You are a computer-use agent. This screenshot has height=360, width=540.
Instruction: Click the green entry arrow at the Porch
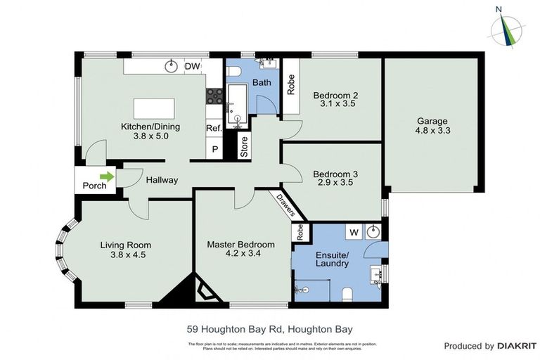click(x=106, y=176)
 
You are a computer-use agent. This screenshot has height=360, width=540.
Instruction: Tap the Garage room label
click(x=432, y=120)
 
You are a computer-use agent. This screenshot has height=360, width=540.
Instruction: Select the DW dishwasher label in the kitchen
click(x=192, y=67)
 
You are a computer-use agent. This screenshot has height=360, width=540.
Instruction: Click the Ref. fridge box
click(x=214, y=129)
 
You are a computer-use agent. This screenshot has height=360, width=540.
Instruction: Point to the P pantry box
click(x=214, y=150)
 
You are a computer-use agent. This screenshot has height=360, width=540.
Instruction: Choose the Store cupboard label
click(x=245, y=149)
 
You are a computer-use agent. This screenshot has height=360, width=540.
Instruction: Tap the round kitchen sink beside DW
click(x=170, y=67)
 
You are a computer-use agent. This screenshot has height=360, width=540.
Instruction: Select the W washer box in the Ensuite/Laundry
click(x=354, y=232)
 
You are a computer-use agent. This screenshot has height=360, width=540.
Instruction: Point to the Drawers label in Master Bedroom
click(x=284, y=205)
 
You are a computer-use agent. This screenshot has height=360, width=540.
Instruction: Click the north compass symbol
click(x=504, y=27)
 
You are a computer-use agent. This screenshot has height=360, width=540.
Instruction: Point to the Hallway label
click(x=162, y=180)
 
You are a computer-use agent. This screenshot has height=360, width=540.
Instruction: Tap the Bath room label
click(x=262, y=82)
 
